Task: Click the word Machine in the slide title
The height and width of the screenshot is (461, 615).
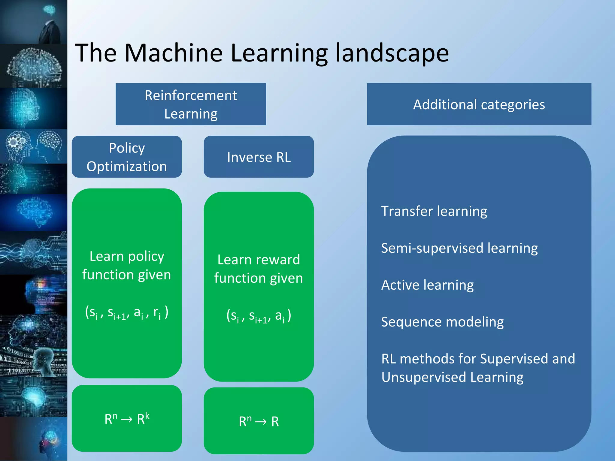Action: point(173,53)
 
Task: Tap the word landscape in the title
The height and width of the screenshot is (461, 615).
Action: point(392,53)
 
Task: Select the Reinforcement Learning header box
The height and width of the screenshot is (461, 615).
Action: point(191,104)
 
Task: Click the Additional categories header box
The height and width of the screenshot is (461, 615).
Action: point(479,104)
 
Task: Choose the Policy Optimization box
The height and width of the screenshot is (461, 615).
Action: point(127,157)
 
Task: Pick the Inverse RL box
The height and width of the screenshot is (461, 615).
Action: point(259,157)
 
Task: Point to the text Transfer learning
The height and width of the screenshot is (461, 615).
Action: point(434,211)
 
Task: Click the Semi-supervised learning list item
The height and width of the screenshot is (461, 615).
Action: point(459,248)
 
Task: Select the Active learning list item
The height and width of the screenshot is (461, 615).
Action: point(427,285)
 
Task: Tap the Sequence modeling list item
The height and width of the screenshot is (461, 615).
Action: point(442,322)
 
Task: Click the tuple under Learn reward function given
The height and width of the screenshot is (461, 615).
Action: point(259,316)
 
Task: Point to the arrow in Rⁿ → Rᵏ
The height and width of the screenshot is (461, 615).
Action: point(126,419)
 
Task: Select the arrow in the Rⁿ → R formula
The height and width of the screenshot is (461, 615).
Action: point(261,422)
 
